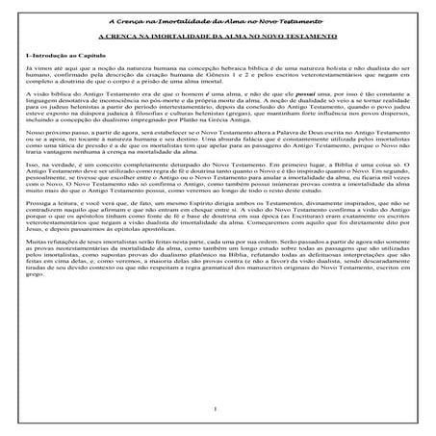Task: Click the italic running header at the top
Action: [218, 20]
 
